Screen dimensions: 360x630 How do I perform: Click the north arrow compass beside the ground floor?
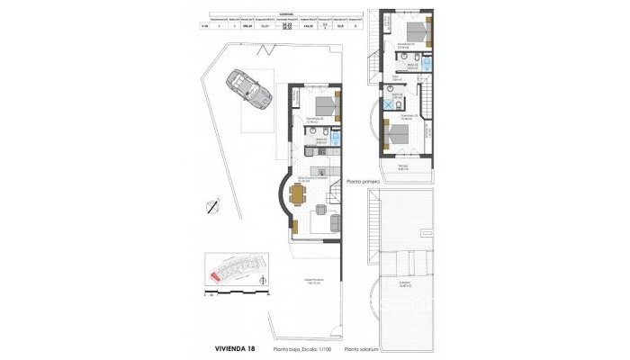point(211,205)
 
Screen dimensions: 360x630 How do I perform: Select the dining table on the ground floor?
point(297,191)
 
